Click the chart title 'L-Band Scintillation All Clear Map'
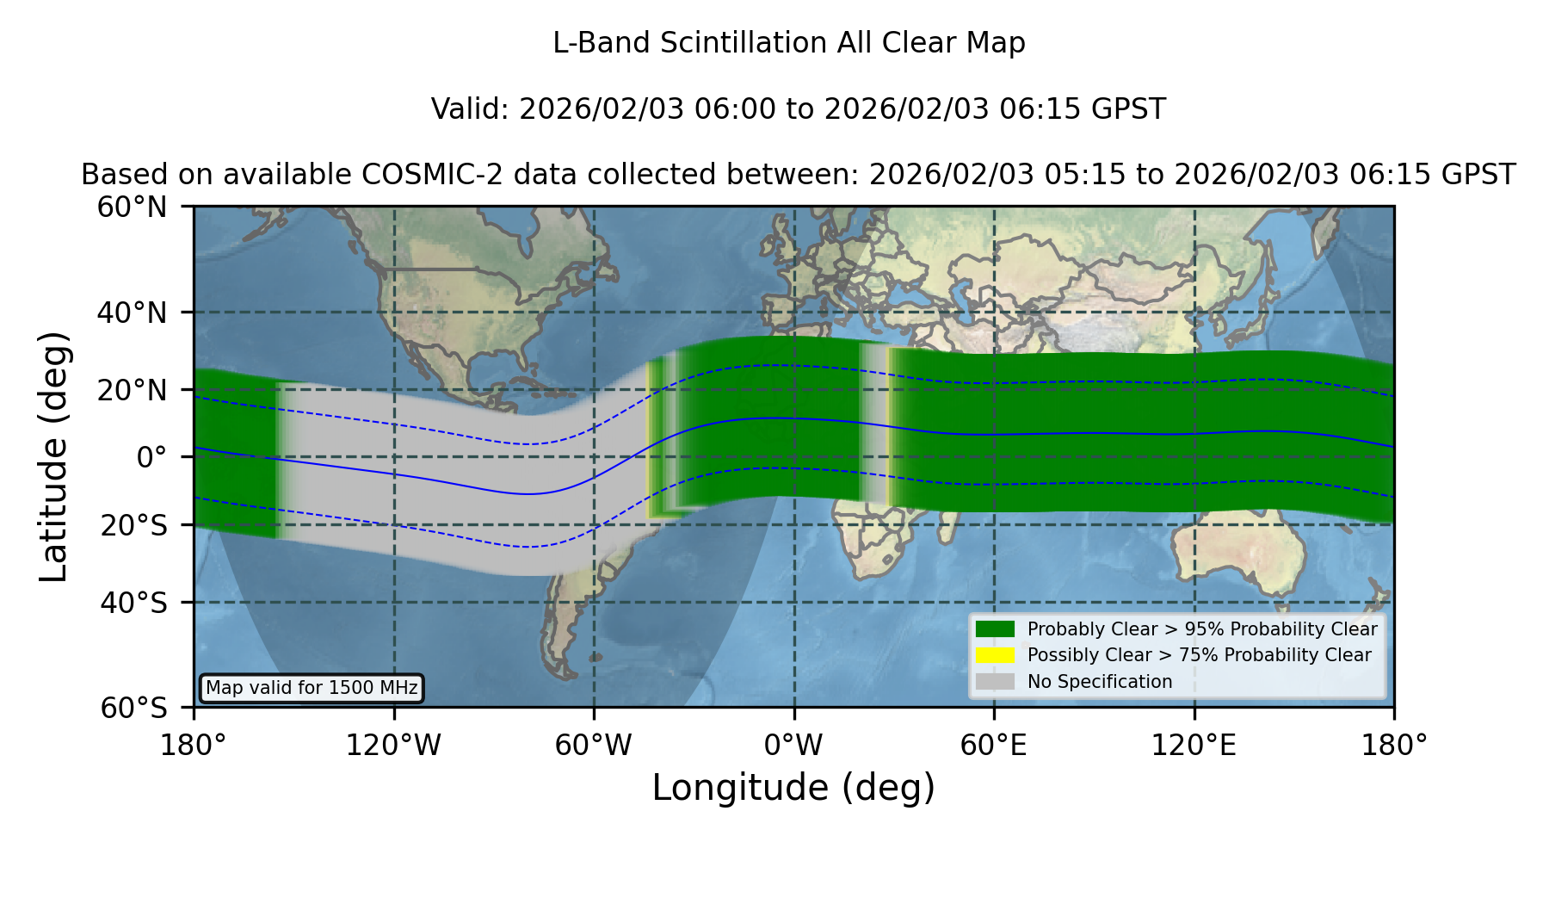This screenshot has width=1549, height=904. (788, 43)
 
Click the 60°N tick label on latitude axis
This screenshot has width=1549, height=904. (133, 207)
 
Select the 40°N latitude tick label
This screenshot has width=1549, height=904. (133, 313)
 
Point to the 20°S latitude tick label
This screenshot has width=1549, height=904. (134, 525)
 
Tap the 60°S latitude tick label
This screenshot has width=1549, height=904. (134, 708)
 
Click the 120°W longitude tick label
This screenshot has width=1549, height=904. (393, 745)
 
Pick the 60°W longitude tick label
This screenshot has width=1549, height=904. (594, 745)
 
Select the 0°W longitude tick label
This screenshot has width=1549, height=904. (793, 745)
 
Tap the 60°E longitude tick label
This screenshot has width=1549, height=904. (994, 745)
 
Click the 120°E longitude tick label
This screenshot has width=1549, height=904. (1194, 745)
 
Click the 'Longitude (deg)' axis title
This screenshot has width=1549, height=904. (793, 788)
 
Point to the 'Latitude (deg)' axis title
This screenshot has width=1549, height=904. (53, 456)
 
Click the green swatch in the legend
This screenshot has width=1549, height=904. (995, 628)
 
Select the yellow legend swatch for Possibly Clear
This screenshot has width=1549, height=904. (995, 654)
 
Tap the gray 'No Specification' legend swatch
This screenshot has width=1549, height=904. (995, 681)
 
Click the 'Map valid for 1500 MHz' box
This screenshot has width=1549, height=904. (312, 688)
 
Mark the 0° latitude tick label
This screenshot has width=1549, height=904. (151, 457)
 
